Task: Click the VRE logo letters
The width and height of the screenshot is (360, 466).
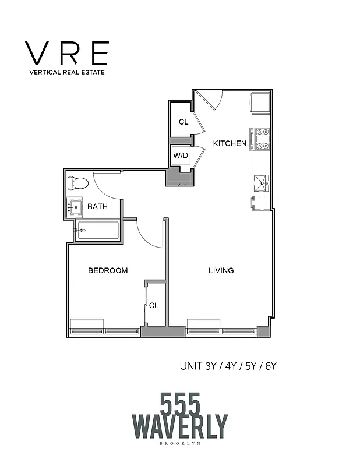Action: (66, 54)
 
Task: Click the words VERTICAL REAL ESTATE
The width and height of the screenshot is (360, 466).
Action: (66, 73)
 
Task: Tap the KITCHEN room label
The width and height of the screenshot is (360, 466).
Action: (229, 143)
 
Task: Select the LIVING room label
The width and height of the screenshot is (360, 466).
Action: (221, 270)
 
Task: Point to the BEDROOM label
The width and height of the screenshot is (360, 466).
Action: (108, 270)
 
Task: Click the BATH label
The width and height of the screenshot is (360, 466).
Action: (98, 206)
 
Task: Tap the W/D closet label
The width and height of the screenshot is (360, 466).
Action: (180, 156)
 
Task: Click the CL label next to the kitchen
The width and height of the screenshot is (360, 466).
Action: (183, 122)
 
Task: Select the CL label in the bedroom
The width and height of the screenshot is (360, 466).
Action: (154, 305)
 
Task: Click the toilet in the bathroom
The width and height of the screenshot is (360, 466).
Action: (77, 183)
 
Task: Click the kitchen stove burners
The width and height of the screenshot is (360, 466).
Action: (260, 139)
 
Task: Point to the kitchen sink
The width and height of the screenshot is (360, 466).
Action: (261, 183)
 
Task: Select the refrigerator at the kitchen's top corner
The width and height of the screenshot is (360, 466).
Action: (260, 103)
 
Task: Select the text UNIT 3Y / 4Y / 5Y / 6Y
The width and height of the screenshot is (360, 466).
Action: (231, 366)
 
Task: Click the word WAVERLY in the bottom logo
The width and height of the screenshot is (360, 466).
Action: (180, 426)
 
